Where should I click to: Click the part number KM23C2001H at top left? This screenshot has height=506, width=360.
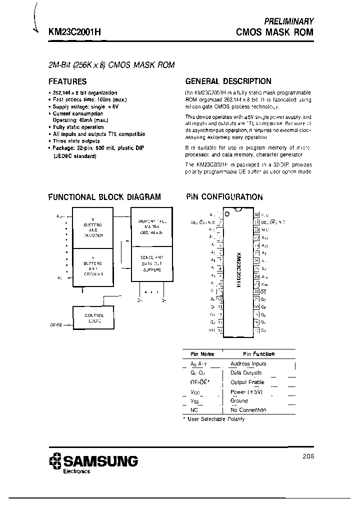[74, 31]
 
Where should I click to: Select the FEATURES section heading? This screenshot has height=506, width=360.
[67, 81]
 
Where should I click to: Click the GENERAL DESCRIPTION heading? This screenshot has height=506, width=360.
[228, 81]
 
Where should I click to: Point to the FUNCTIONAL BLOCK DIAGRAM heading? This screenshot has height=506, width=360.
[104, 197]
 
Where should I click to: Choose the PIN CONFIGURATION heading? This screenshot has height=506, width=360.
[224, 197]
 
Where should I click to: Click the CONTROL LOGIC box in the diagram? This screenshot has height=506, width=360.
[94, 318]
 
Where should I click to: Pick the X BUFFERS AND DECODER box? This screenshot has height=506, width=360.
[93, 227]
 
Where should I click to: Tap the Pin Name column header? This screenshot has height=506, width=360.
[202, 354]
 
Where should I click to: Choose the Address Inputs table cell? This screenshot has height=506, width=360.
[248, 364]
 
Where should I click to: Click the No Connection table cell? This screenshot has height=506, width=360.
[248, 410]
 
